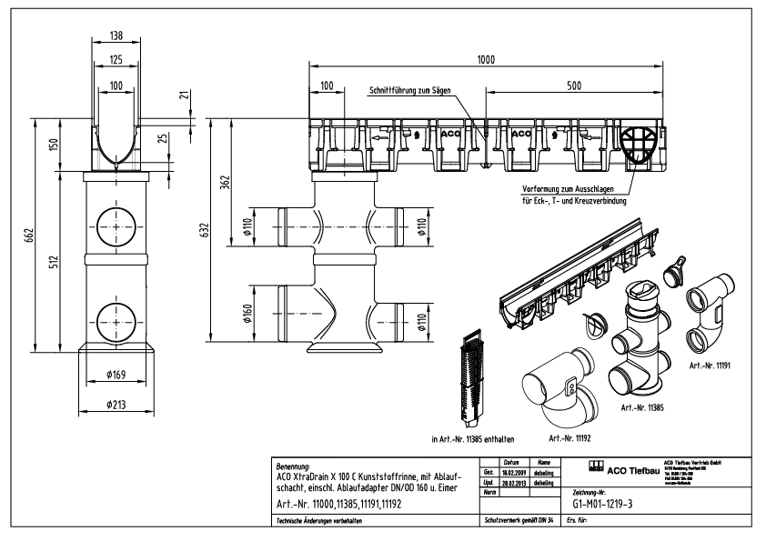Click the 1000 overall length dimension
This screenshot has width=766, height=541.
click(486, 60)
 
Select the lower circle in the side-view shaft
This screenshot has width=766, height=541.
click(116, 314)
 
